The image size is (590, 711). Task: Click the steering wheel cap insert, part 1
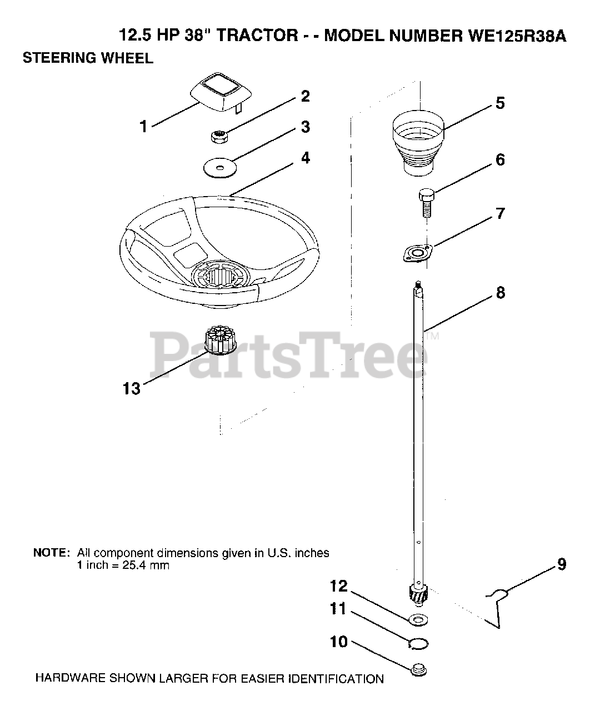(217, 92)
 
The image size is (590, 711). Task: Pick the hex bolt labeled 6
(425, 202)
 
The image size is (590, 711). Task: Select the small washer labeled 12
(418, 619)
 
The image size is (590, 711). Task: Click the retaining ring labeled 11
(418, 643)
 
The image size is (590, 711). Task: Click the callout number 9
(561, 565)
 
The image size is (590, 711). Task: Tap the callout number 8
(501, 293)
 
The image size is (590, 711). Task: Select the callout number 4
(305, 158)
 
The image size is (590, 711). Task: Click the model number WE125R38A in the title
(515, 37)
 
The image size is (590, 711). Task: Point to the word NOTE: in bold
(52, 553)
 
